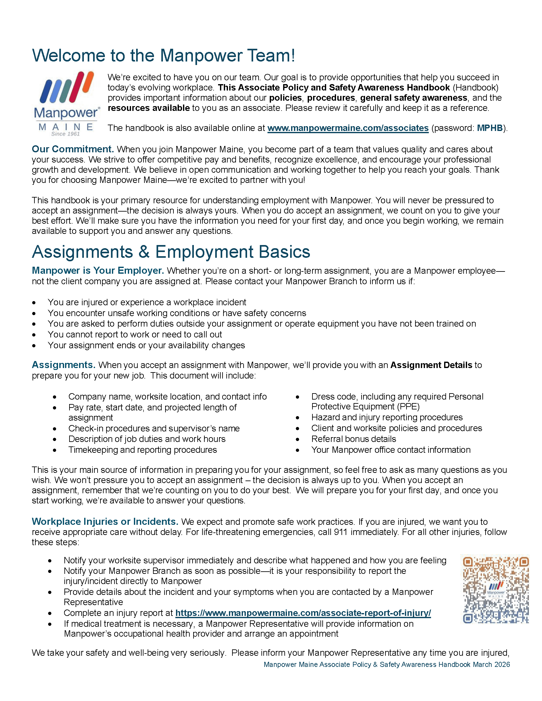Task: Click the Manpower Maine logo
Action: coord(66,102)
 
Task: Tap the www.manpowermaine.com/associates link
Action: coord(348,128)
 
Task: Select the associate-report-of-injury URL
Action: coord(303,613)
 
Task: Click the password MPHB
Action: coord(490,128)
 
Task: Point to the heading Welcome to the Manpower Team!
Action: coord(164,55)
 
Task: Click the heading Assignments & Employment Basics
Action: coord(171,252)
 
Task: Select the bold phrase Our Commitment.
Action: coord(73,149)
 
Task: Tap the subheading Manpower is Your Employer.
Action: coord(98,271)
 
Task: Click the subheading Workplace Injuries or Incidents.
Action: coord(105,522)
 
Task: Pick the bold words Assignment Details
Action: coord(431,365)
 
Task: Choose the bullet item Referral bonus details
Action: coord(354,439)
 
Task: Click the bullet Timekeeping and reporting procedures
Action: coord(143,450)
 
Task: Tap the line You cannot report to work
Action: coord(135,335)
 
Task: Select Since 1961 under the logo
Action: coord(65,134)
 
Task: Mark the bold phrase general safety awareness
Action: coord(414,98)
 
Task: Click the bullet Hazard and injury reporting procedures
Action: coord(387,417)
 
